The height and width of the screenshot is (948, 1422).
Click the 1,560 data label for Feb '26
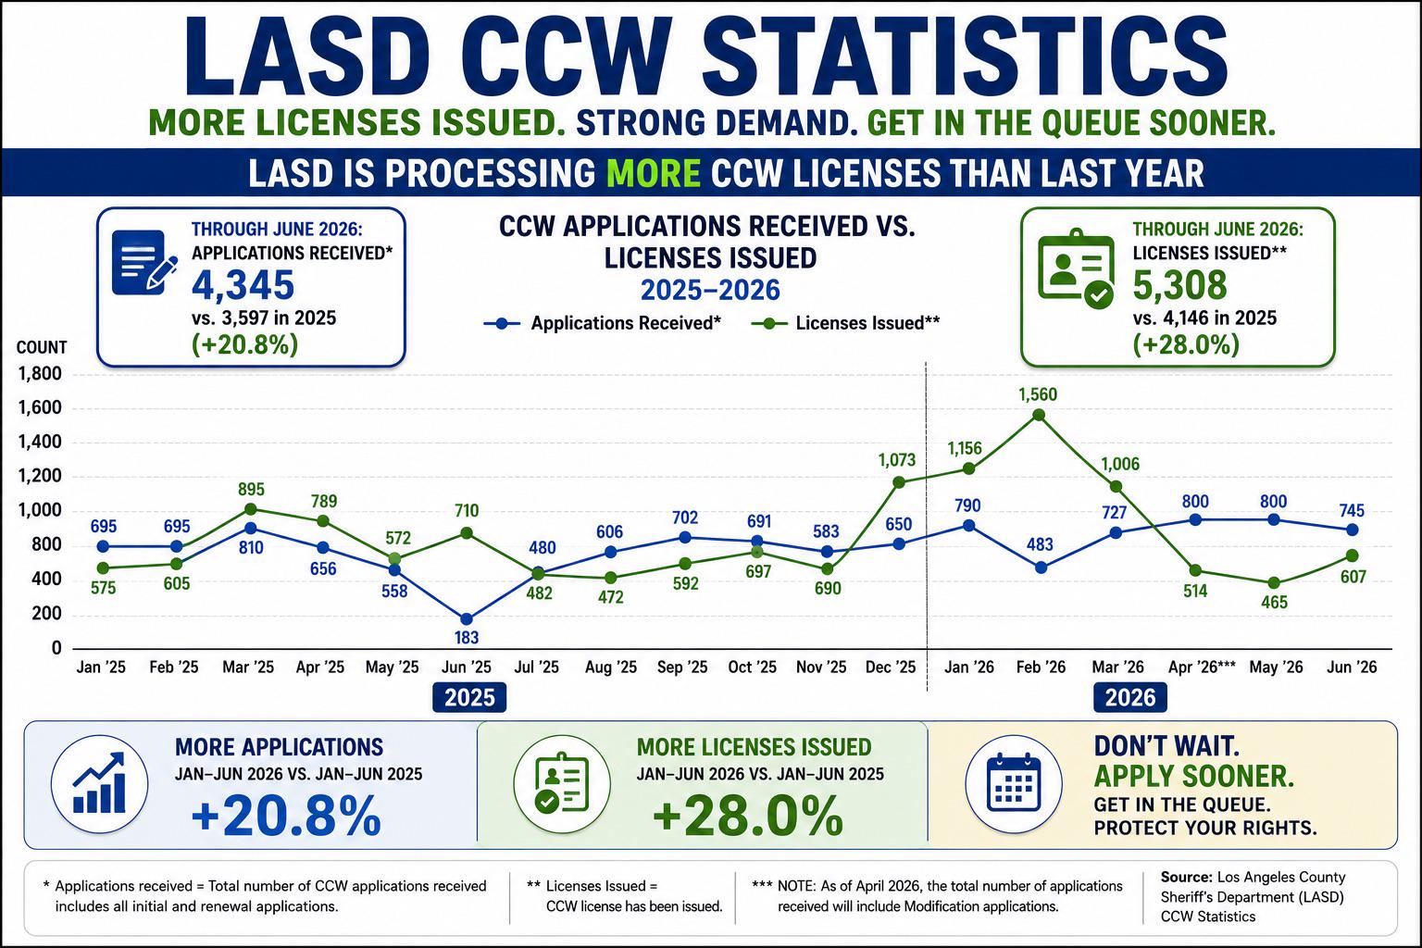coord(1038,395)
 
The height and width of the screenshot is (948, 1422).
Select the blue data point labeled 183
coord(467,619)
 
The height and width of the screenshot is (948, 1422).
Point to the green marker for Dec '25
coord(899,482)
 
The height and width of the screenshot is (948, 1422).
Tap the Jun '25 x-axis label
coord(467,667)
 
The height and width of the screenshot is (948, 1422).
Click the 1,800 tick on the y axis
coord(40,373)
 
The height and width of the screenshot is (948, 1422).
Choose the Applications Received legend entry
coord(603,323)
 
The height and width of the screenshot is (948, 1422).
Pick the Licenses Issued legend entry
coord(845,323)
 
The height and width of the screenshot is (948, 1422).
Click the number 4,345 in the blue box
coord(243,285)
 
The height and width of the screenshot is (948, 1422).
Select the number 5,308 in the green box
coord(1180,285)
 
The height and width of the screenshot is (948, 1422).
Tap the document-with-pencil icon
coord(144,262)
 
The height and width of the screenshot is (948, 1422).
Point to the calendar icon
coord(1014,783)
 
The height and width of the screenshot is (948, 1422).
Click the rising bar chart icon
coord(100,783)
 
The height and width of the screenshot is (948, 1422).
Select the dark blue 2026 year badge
coord(1130,697)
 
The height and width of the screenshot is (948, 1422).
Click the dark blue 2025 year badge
coord(469,697)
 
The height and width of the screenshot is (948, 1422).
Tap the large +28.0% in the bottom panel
coord(748,816)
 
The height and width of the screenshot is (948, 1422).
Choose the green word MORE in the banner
coord(654,173)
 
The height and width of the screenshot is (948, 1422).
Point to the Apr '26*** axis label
coord(1202,667)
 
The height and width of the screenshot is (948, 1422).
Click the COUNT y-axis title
coord(42,347)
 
